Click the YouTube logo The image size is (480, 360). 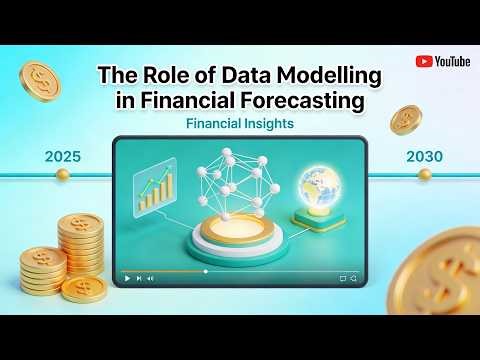443,61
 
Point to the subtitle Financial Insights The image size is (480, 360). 239,126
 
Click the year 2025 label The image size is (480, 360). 62,157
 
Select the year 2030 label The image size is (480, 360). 423,157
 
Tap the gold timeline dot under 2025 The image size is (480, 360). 62,174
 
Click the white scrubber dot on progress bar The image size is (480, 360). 206,271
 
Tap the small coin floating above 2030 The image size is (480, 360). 406,120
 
